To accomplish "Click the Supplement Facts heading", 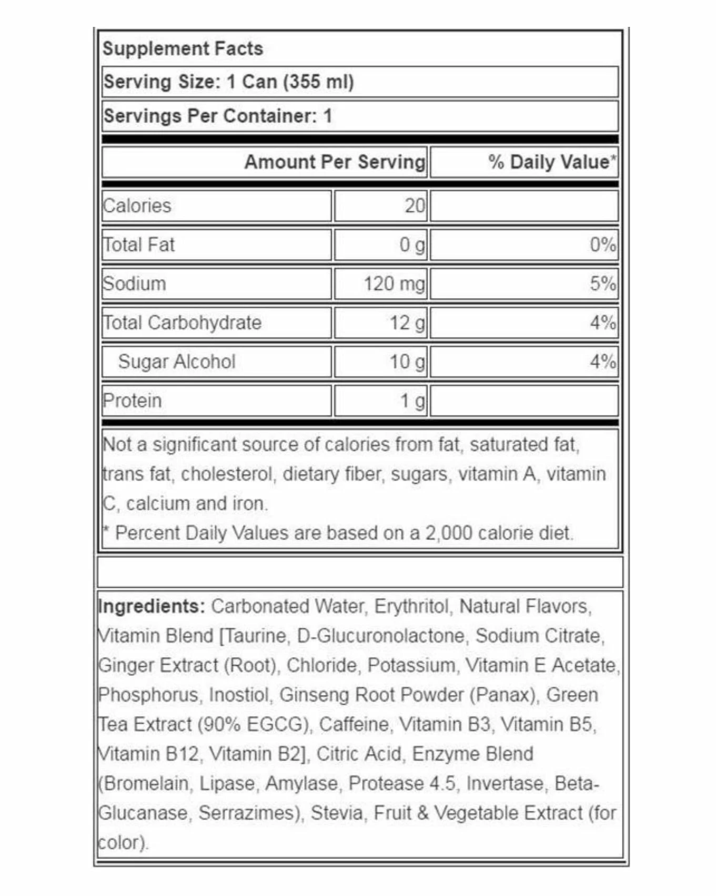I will (x=183, y=48).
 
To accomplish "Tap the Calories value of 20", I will (x=415, y=205).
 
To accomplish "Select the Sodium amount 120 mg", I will (x=394, y=284).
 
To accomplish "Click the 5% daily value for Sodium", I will (x=602, y=284).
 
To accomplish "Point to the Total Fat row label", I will (x=139, y=245).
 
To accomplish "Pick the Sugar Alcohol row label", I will (x=177, y=362).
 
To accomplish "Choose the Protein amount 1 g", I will (x=412, y=401).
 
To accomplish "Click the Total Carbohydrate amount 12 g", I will (x=407, y=323).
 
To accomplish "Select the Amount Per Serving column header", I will (x=335, y=162).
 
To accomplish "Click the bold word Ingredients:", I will (x=152, y=606).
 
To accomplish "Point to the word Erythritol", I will (x=412, y=606).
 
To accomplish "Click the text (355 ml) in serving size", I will (x=318, y=82).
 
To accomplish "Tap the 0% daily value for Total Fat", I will (x=602, y=245).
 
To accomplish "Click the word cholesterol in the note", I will (x=227, y=474).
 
